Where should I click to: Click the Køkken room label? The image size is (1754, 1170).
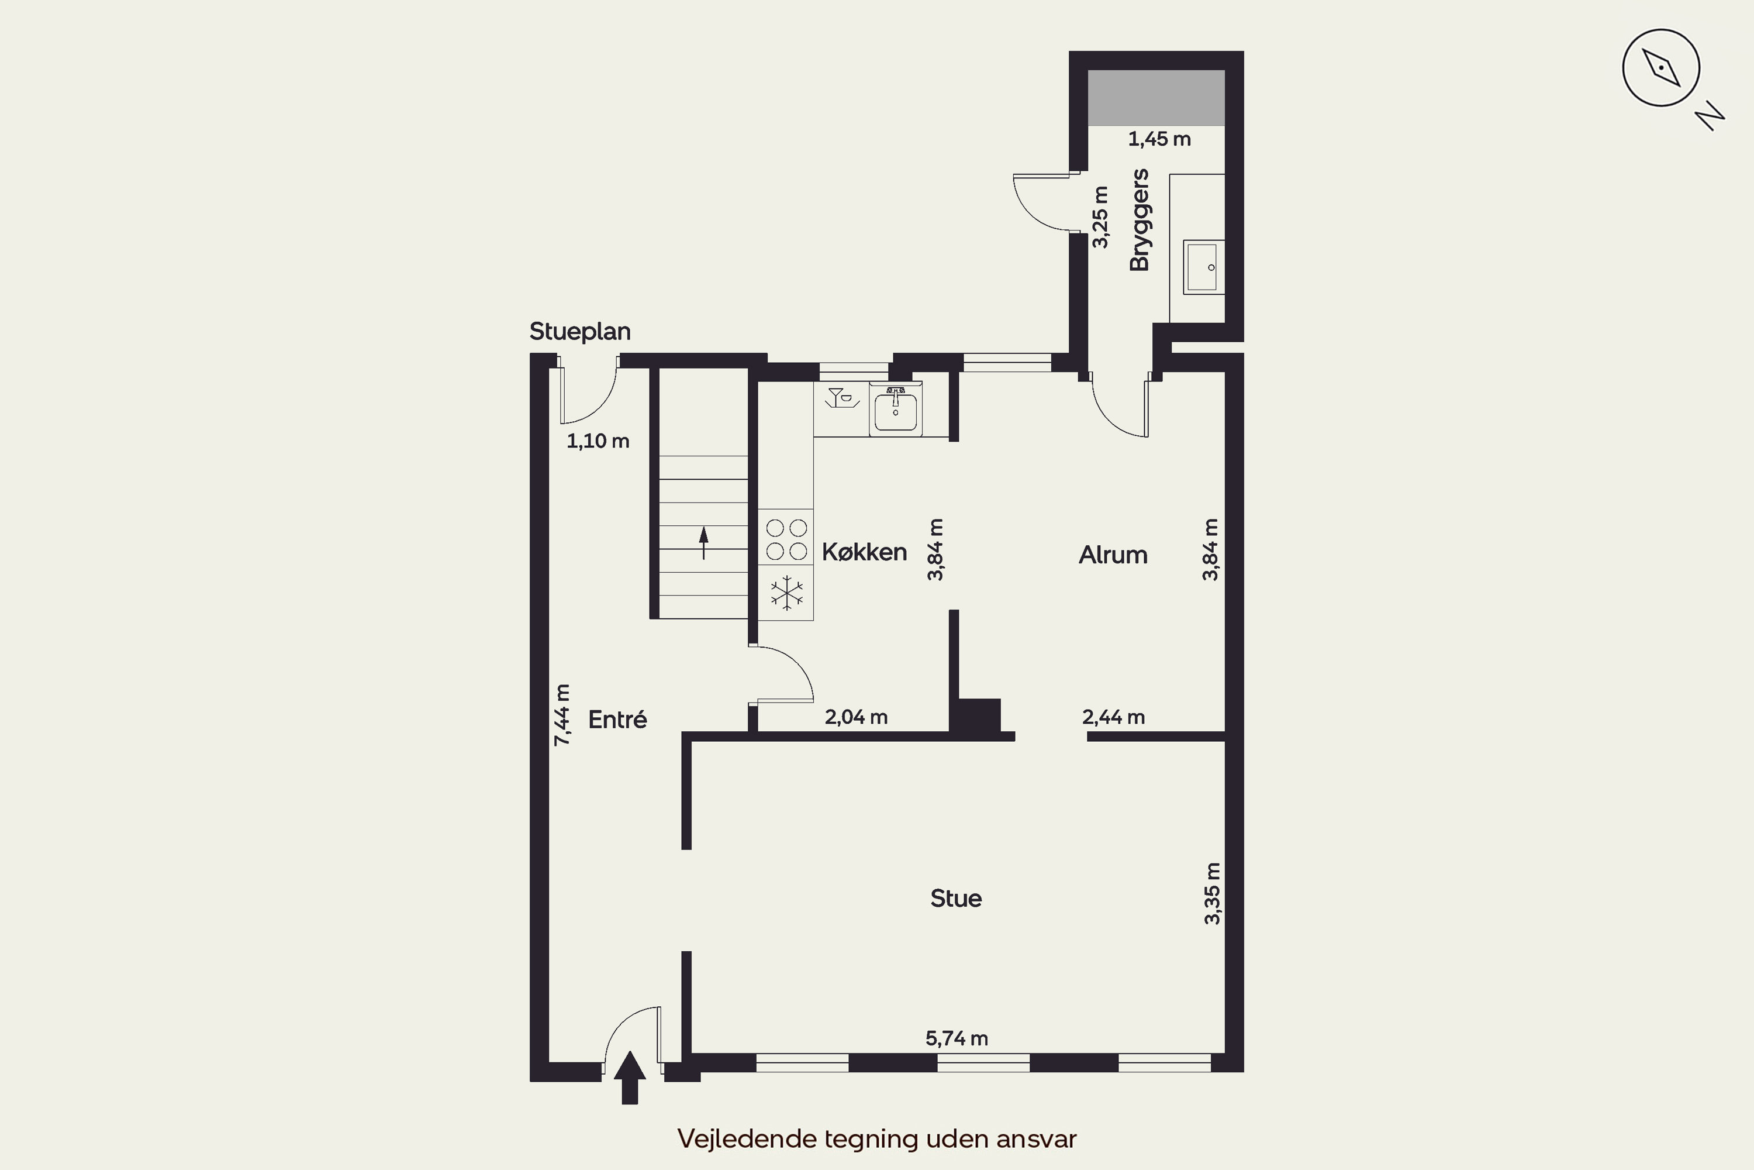point(864,552)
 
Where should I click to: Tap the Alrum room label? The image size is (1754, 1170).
point(1113,555)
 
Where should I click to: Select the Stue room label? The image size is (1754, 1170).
point(956,899)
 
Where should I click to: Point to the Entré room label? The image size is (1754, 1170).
point(617,720)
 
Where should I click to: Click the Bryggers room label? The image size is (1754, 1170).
point(1140,220)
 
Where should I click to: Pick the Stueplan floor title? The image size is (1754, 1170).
point(580,331)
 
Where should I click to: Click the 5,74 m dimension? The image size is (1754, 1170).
point(957,1039)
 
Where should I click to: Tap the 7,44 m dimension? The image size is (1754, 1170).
point(562,715)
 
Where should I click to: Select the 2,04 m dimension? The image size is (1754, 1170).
point(856,718)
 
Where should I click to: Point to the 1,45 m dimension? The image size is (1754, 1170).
point(1159,139)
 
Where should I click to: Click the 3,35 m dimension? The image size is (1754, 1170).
point(1213,894)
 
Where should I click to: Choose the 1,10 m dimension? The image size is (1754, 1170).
point(598,441)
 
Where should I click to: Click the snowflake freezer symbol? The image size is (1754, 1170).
point(787,593)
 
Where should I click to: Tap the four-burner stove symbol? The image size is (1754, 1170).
point(787,539)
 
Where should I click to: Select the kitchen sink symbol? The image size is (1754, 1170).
point(896,408)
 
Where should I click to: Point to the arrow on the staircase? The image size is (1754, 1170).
point(703,542)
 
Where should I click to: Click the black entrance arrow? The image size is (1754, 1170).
point(630,1078)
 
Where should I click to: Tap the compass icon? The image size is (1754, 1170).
point(1662,68)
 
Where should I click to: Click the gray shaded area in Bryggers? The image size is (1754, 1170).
point(1156,98)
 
